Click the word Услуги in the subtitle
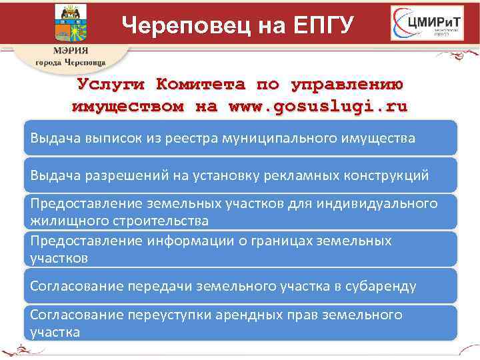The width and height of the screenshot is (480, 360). coord(113,85)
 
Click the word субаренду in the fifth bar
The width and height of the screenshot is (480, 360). coord(381,286)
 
